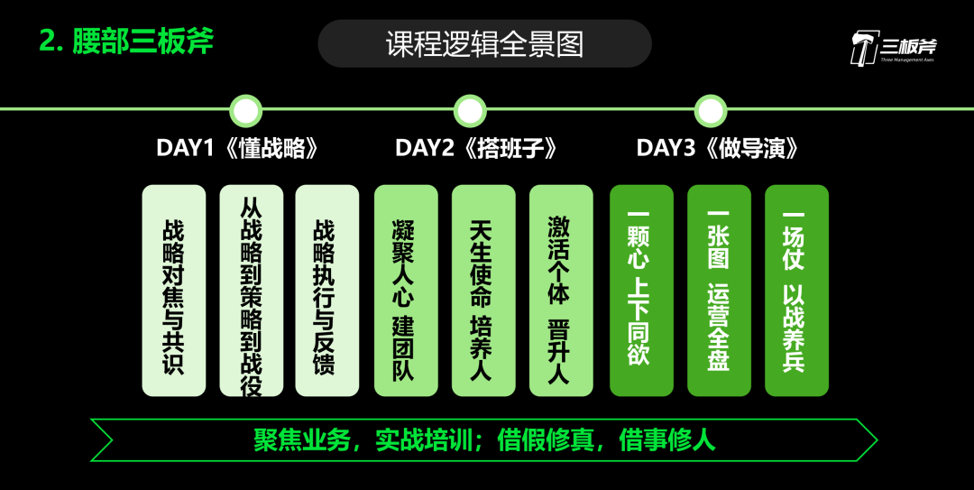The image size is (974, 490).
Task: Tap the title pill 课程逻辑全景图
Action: click(x=484, y=43)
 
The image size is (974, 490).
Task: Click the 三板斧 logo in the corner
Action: click(x=892, y=48)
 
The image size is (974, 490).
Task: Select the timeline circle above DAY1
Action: click(x=246, y=111)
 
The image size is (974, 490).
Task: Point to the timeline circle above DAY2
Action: click(x=470, y=111)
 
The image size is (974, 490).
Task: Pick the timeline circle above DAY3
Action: click(x=711, y=111)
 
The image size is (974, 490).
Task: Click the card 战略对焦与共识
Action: click(x=174, y=291)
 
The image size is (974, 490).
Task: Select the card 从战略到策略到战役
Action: click(x=252, y=291)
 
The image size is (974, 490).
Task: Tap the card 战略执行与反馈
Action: click(x=327, y=291)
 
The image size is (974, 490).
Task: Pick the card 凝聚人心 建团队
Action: click(x=406, y=291)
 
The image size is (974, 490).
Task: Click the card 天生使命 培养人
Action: click(x=483, y=291)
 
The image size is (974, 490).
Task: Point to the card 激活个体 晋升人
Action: click(x=561, y=291)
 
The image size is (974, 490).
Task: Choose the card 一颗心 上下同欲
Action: click(x=641, y=291)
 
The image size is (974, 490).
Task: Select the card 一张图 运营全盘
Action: click(x=719, y=291)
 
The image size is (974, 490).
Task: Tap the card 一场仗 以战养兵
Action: click(x=796, y=291)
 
